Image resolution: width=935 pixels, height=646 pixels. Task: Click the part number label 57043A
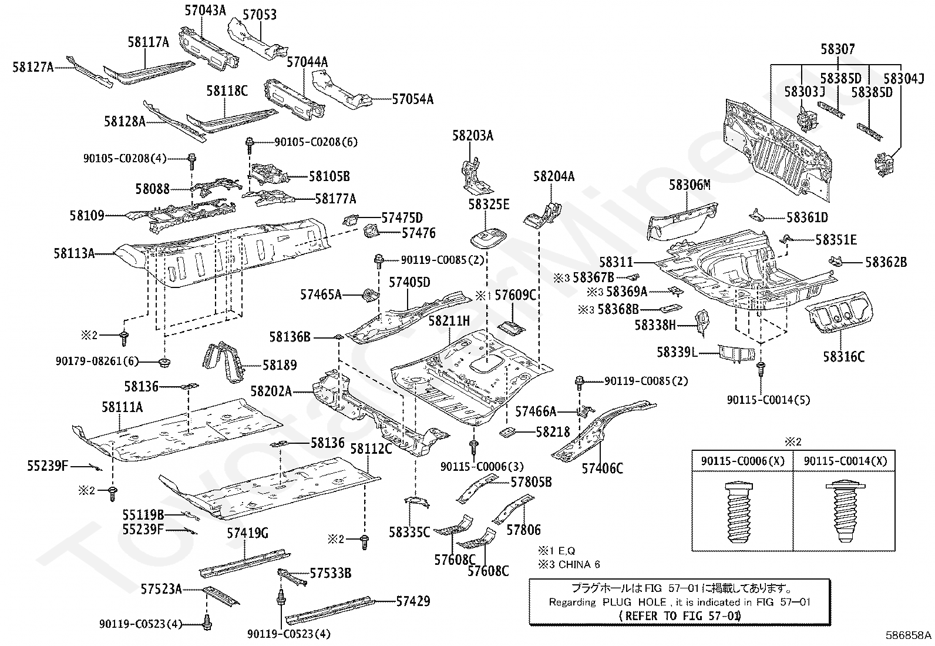coord(206,11)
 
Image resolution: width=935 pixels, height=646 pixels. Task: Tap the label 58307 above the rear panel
coord(838,49)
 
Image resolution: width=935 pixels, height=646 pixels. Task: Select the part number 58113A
coord(74,253)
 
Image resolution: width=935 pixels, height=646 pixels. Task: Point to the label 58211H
coord(449,321)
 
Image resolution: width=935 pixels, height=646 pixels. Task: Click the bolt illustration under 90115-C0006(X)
coord(739,513)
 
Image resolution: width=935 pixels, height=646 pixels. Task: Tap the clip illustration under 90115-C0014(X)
coord(845,512)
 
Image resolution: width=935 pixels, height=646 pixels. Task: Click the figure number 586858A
coord(909,635)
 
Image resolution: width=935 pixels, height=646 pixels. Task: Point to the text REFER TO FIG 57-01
coord(680,616)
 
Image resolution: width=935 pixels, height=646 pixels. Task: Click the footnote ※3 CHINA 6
coord(569,564)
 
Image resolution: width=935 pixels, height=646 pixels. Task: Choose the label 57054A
coord(413,99)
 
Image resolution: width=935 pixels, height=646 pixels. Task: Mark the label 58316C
coord(843,357)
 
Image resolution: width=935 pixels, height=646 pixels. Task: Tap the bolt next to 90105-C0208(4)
coord(192,161)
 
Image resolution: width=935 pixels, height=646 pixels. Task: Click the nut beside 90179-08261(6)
coord(165,362)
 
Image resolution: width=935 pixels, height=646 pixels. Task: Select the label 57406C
coord(603,468)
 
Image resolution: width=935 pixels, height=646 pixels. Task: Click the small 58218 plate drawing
coord(507,432)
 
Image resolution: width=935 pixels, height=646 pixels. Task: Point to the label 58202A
coord(271,391)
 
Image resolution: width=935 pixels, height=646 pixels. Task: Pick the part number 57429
coord(413,601)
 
